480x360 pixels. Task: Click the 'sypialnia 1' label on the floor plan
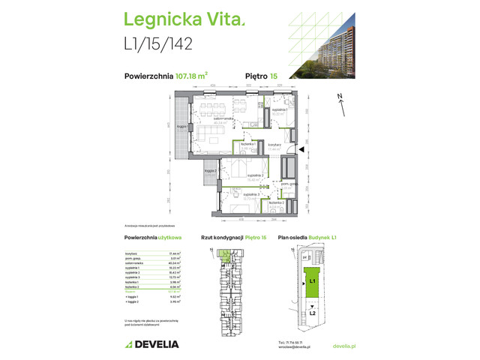[280, 110]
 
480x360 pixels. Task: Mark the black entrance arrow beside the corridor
[301, 151]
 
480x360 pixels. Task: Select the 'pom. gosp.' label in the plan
[290, 184]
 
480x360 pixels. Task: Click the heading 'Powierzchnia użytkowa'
[151, 237]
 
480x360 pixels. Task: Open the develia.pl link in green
[343, 345]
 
